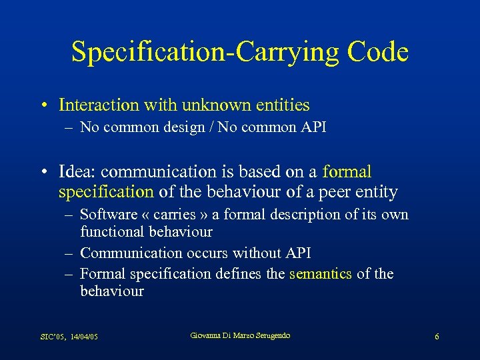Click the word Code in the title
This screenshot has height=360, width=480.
point(375,52)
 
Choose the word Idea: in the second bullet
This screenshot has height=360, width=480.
point(79,172)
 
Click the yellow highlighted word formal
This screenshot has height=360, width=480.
point(347,172)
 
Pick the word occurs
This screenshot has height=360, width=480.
point(207,253)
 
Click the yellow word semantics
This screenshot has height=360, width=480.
point(321,274)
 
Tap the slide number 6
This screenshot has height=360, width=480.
point(437,337)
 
